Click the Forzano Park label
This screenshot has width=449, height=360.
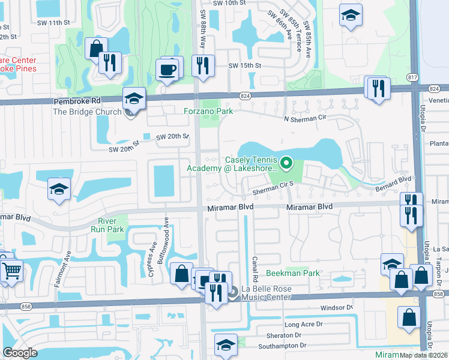[x=208, y=110]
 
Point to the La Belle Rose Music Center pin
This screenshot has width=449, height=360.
[x=234, y=293]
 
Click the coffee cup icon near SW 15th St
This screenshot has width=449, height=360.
[x=167, y=70]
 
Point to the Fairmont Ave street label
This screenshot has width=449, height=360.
[x=59, y=268]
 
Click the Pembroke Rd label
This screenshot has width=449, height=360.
[x=75, y=102]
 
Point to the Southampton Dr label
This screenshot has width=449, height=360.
[x=283, y=346]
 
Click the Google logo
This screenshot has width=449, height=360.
[x=20, y=353]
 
